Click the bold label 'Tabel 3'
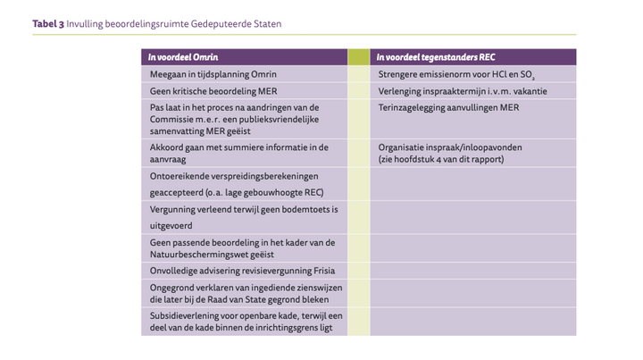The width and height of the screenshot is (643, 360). tap(48, 24)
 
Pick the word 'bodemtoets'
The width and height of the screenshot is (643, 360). tap(287, 209)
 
